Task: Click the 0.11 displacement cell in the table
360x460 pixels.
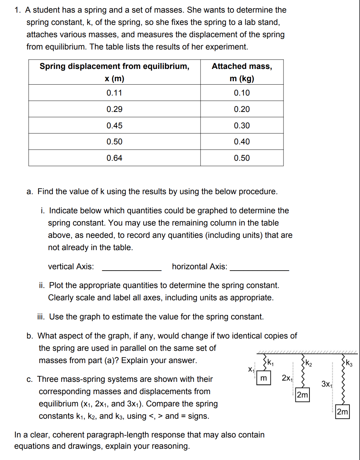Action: pyautogui.click(x=114, y=93)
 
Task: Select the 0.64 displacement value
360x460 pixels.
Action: pyautogui.click(x=114, y=158)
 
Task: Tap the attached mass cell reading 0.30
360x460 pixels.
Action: pyautogui.click(x=241, y=126)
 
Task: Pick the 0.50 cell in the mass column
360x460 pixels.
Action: pyautogui.click(x=241, y=158)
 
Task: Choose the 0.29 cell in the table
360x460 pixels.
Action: pyautogui.click(x=114, y=109)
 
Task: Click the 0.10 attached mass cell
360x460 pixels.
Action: pyautogui.click(x=241, y=93)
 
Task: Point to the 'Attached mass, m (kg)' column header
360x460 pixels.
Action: pyautogui.click(x=241, y=72)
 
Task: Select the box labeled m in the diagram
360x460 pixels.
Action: pyautogui.click(x=263, y=378)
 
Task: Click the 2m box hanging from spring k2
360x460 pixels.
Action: pyautogui.click(x=302, y=395)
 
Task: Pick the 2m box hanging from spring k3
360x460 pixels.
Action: pyautogui.click(x=342, y=412)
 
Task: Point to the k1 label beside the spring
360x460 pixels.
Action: pyautogui.click(x=270, y=363)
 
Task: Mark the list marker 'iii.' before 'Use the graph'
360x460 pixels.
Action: pyautogui.click(x=41, y=317)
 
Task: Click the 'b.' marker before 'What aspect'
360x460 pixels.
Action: pyautogui.click(x=30, y=336)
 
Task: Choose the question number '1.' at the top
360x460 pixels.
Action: pyautogui.click(x=18, y=10)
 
